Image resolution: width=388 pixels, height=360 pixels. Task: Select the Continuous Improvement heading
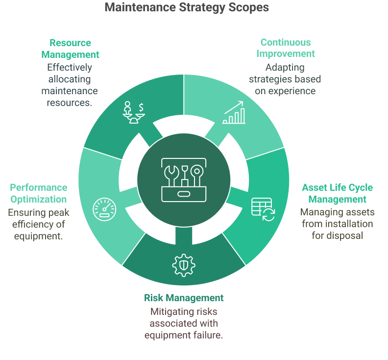[286, 48]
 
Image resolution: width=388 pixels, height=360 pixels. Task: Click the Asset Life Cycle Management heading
[337, 193]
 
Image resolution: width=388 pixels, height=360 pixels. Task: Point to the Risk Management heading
[184, 298]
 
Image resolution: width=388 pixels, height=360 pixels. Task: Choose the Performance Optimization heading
[39, 193]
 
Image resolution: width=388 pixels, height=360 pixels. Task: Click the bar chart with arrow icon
[234, 113]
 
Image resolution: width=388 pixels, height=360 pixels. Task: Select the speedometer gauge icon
[104, 209]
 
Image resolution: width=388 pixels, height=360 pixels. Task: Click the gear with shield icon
[184, 265]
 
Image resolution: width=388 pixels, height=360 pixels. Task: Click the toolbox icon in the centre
[183, 180]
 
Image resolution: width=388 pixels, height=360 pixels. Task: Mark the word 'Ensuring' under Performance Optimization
[23, 212]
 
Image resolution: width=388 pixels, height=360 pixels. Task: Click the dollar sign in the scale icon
[141, 106]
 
